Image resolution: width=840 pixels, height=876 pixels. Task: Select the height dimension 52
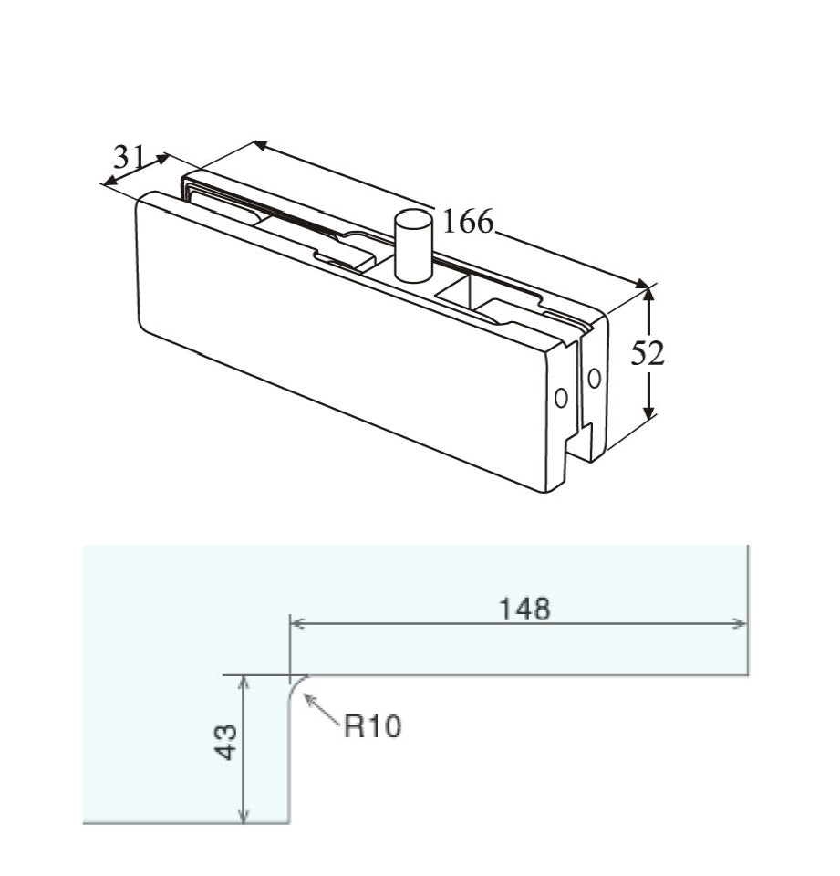(x=648, y=353)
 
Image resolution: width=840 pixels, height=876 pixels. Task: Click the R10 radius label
(x=372, y=727)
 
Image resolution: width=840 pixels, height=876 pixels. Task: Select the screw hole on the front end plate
(x=561, y=397)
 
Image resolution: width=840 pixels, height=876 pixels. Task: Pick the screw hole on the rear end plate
(x=595, y=377)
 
